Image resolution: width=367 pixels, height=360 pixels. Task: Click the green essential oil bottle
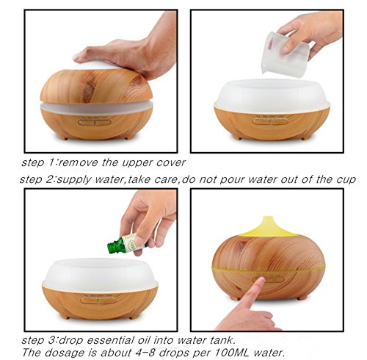tap(126, 243)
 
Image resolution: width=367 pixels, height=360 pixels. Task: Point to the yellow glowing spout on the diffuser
tap(268, 226)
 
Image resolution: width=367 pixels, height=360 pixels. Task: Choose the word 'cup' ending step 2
tap(346, 180)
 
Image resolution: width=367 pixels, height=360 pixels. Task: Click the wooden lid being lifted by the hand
tap(96, 86)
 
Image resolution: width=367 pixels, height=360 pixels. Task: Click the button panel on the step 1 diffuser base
tap(95, 122)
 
